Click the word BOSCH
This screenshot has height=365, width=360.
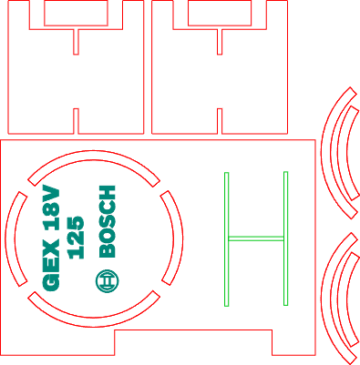(x=108, y=221)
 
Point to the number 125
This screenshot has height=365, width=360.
(x=76, y=238)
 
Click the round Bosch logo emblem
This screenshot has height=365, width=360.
(x=107, y=281)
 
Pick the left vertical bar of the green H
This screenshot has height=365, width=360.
(x=227, y=239)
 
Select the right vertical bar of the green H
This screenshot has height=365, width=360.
(x=285, y=238)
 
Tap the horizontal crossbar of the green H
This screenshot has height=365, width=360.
(x=256, y=238)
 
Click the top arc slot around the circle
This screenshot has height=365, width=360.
(x=94, y=155)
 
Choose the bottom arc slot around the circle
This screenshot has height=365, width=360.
(x=94, y=322)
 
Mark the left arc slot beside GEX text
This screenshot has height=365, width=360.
(x=10, y=238)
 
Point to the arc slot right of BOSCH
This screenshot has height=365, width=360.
(x=179, y=238)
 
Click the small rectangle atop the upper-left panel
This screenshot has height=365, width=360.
(x=76, y=13)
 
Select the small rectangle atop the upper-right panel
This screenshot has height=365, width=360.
(x=220, y=13)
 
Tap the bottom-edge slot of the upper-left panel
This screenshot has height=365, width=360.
(x=76, y=121)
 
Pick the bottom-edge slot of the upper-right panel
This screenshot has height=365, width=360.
(x=220, y=121)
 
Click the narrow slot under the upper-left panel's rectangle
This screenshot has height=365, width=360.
(x=76, y=42)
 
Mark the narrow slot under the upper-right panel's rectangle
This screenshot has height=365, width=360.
(x=220, y=42)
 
